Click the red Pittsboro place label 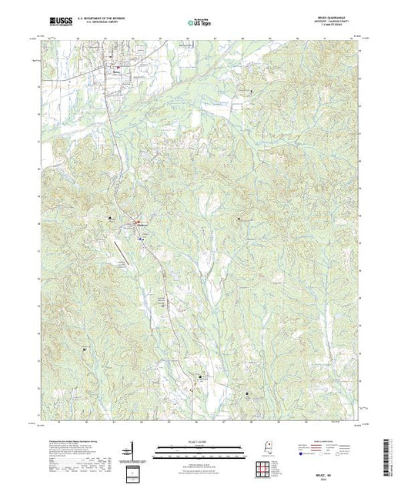(142, 225)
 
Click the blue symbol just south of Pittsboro (141, 239)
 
